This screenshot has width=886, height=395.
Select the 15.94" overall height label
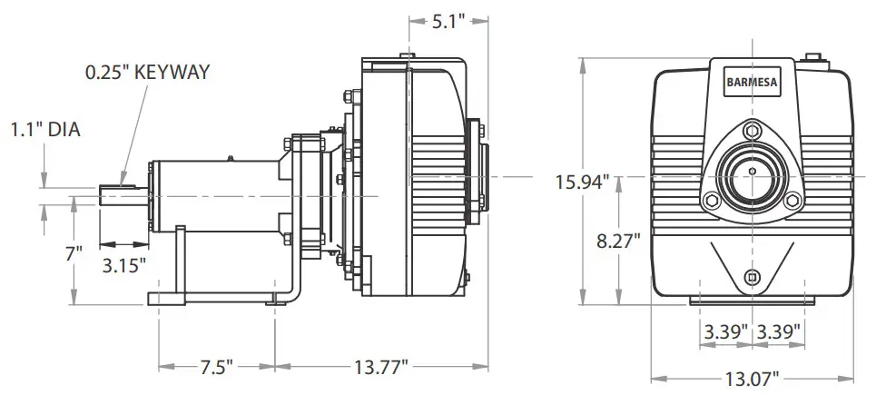(x=583, y=182)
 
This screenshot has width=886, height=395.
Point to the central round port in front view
(x=752, y=170)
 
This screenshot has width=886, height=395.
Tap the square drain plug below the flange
(x=751, y=276)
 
